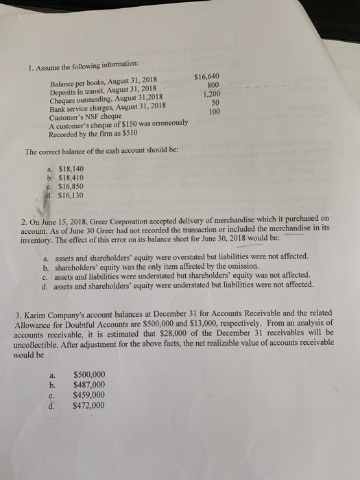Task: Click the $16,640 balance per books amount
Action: [206, 77]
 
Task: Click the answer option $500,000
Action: [88, 374]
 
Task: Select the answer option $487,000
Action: [88, 385]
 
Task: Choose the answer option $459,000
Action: [88, 395]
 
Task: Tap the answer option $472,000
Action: [88, 405]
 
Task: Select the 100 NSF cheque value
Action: [214, 111]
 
